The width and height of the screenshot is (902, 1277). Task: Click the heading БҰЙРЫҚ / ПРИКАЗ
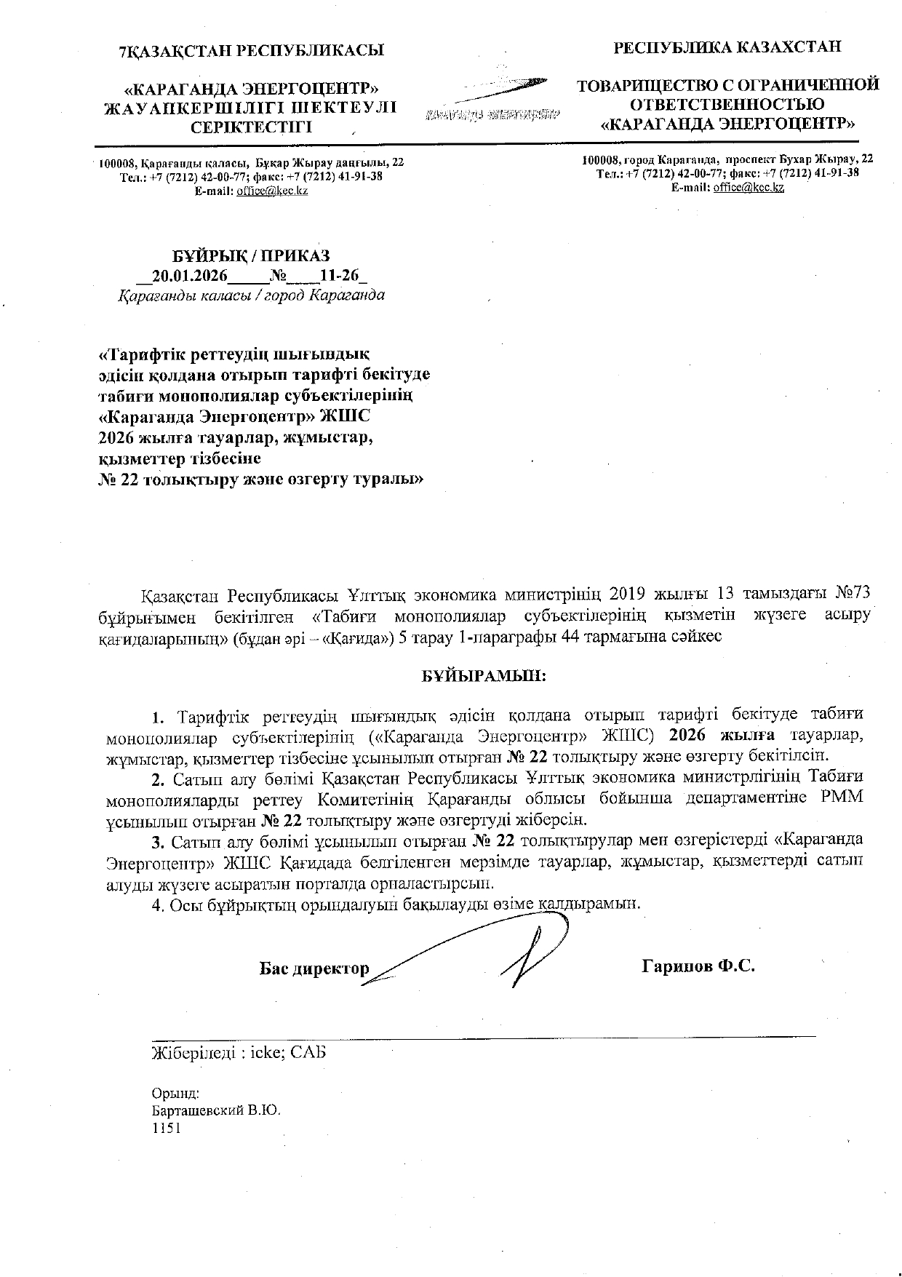tap(251, 256)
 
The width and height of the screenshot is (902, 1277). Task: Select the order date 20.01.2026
tap(191, 276)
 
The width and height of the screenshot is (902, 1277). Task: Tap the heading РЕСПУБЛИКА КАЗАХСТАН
tap(728, 48)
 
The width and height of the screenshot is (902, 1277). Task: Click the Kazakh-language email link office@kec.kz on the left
tap(271, 191)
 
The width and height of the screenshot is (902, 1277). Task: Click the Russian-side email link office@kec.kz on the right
tap(749, 187)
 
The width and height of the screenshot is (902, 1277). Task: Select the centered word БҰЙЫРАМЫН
tap(484, 675)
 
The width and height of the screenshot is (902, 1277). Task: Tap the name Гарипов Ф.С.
tap(698, 966)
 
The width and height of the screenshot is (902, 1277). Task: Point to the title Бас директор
tap(314, 969)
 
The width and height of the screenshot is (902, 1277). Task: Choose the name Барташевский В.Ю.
tap(216, 1112)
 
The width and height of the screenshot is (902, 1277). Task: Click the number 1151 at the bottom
tap(164, 1128)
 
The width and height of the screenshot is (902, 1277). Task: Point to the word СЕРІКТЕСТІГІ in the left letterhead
tap(250, 127)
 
